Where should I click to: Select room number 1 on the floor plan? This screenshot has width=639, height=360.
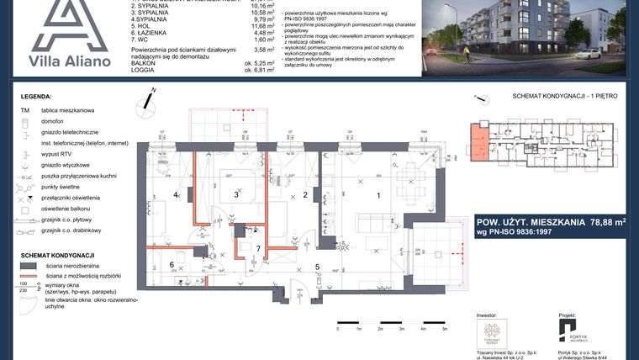[378, 195]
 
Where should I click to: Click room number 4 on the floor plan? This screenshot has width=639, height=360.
[176, 195]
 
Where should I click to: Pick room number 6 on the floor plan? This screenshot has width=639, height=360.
[172, 266]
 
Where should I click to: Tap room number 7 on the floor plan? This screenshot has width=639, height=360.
[258, 248]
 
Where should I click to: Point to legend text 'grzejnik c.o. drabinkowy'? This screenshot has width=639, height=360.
[71, 230]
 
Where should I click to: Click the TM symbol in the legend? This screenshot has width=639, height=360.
[24, 110]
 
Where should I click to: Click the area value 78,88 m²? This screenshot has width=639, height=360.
[595, 222]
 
